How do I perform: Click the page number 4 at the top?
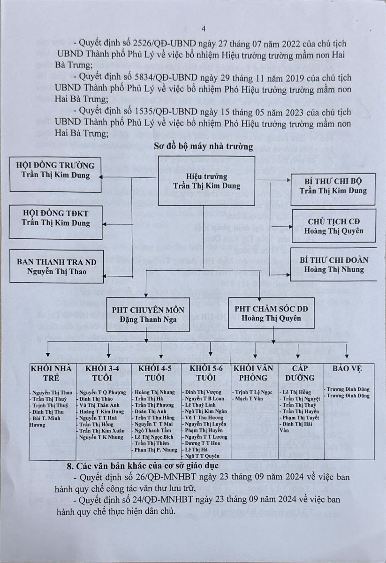(204, 29)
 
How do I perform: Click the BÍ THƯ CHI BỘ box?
(333, 186)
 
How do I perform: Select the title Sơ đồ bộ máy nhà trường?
(204, 147)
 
